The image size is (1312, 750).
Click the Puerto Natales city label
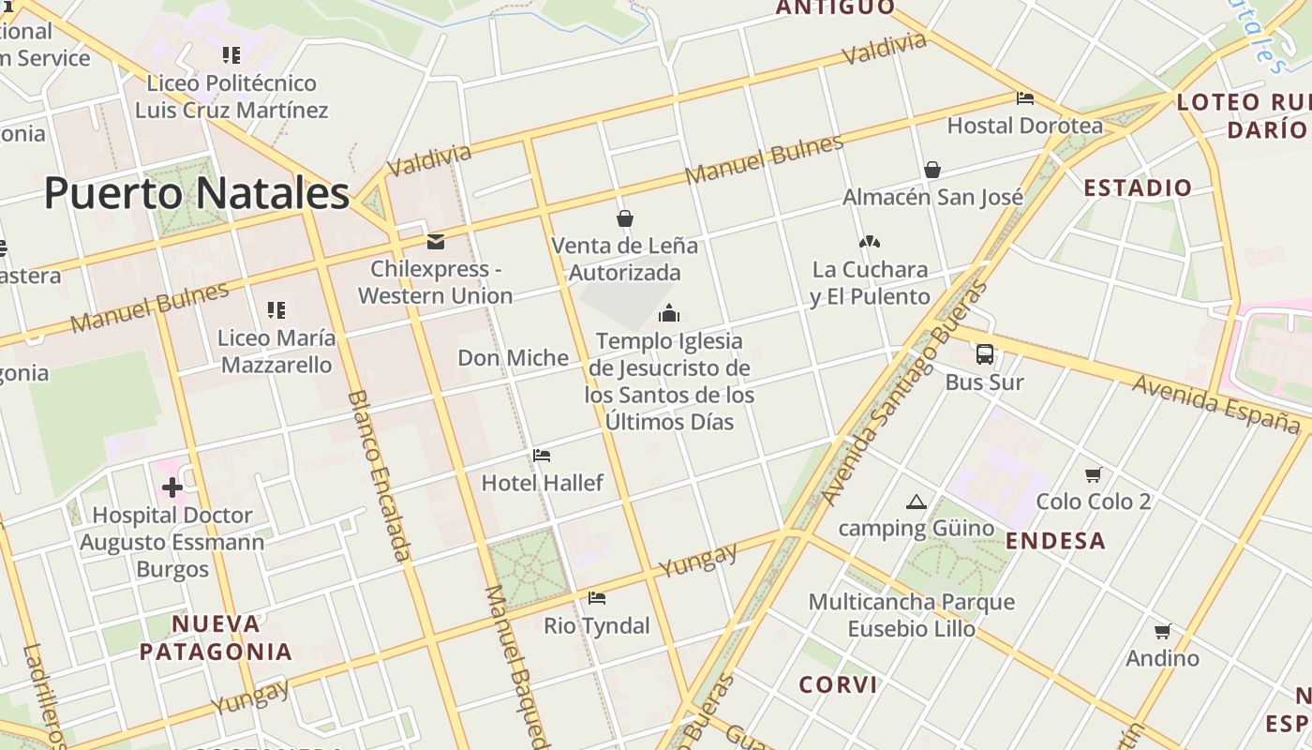[197, 193]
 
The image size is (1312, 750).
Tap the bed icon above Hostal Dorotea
[1025, 97]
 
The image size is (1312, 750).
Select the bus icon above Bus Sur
[984, 354]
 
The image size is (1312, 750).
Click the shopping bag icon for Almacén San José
[932, 170]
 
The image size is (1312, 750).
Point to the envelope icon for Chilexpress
[435, 242]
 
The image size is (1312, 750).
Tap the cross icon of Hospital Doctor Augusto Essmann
[171, 487]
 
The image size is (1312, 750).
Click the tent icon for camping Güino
[917, 502]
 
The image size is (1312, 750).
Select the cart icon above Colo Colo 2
[1093, 474]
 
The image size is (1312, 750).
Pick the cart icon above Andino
[1163, 631]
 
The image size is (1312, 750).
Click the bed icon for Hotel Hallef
[542, 456]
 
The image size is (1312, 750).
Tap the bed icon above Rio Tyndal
[597, 598]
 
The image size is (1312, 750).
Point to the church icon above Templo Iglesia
[669, 312]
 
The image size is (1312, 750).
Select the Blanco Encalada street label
[379, 475]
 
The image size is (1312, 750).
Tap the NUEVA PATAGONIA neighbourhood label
[216, 637]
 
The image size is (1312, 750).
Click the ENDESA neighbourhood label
[1055, 541]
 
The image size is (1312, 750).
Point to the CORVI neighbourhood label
[838, 684]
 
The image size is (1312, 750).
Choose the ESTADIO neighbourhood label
[1138, 187]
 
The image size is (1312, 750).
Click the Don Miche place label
[513, 357]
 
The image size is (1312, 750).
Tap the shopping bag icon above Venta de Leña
[625, 218]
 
